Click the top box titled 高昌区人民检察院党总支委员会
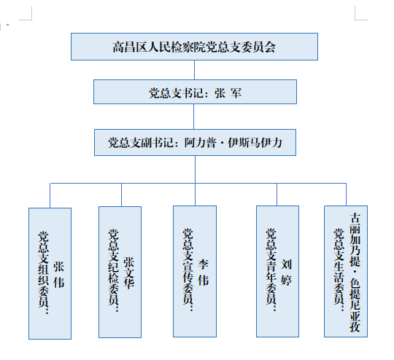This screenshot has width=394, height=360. pyautogui.click(x=194, y=47)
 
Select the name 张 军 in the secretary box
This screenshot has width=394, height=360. pyautogui.click(x=228, y=93)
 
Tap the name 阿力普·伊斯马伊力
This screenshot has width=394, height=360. pyautogui.click(x=233, y=143)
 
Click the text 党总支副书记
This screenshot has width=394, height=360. pyautogui.click(x=141, y=143)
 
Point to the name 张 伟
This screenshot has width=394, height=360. pyautogui.click(x=58, y=275)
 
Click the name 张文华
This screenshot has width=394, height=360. pyautogui.click(x=128, y=273)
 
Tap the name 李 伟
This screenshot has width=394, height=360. pyautogui.click(x=203, y=273)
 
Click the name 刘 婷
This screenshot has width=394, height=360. pyautogui.click(x=286, y=273)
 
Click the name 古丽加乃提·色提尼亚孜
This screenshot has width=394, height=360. pyautogui.click(x=355, y=273)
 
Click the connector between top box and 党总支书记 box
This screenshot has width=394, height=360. pyautogui.click(x=194, y=70)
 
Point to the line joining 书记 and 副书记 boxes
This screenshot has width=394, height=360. pyautogui.click(x=194, y=117)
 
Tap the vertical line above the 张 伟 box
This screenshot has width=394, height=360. pyautogui.click(x=50, y=195)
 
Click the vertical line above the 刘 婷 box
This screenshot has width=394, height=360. pyautogui.click(x=277, y=195)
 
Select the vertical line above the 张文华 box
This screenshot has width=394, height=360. pyautogui.click(x=121, y=195)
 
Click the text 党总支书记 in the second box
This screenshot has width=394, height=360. pyautogui.click(x=176, y=93)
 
